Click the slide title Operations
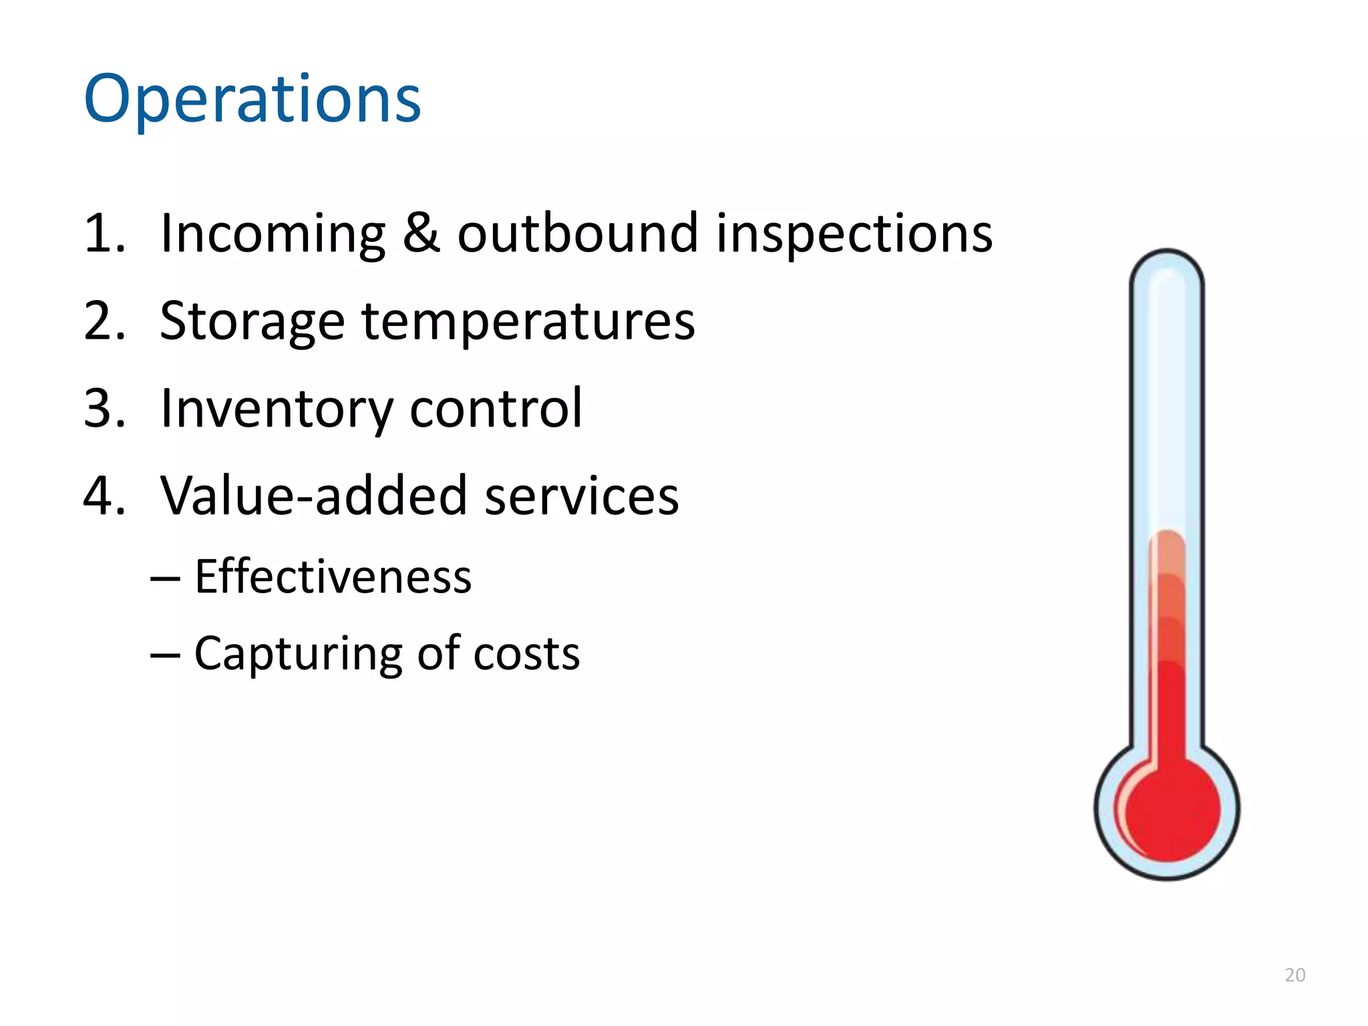252,100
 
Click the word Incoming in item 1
273,234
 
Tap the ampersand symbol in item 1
421,233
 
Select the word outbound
577,233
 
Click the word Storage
252,322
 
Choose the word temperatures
528,322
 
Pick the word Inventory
277,409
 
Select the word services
581,496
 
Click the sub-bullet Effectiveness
333,576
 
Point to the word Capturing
298,654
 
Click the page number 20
1295,975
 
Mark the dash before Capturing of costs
164,655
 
